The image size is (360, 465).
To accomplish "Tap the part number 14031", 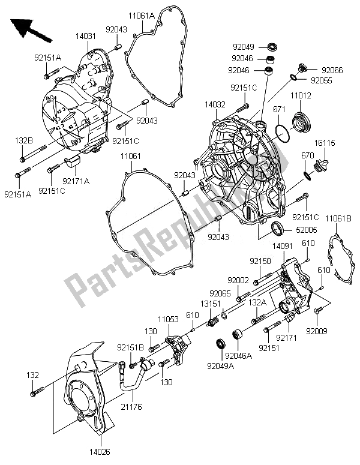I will tap(85, 37).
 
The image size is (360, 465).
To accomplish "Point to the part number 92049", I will tap(244, 46).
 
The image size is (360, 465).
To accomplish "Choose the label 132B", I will tap(23, 140).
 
